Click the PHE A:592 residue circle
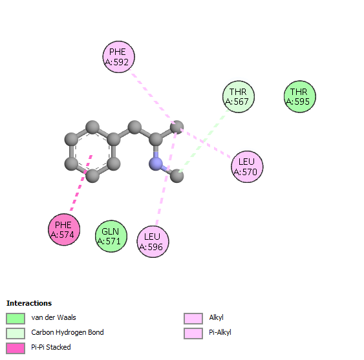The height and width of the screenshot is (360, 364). coord(118,57)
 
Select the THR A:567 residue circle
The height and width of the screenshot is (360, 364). coord(239,96)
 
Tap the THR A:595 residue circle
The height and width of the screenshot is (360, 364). coord(300,96)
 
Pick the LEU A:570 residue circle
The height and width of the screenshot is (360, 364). coord(247,167)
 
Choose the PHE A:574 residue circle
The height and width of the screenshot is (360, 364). coord(64,229)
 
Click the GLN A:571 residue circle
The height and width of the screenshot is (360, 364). coord(111,236)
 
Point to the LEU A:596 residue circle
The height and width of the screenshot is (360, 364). coord(153,242)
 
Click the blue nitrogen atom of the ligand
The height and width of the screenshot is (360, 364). coord(156,164)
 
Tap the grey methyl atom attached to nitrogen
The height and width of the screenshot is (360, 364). coord(177,176)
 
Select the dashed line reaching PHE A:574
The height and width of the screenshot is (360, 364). coord(81,183)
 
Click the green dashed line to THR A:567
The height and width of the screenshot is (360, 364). coord(204,141)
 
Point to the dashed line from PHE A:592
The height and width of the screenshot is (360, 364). coord(153,96)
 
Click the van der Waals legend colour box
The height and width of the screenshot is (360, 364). coord(16,319)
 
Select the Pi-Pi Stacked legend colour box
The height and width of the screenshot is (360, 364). coord(16,348)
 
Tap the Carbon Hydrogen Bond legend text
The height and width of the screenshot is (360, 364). coord(67,332)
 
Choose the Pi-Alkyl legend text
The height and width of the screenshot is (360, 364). coord(220,332)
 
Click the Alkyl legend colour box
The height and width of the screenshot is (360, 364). coord(193,319)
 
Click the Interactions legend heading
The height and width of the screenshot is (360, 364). coord(29,303)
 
